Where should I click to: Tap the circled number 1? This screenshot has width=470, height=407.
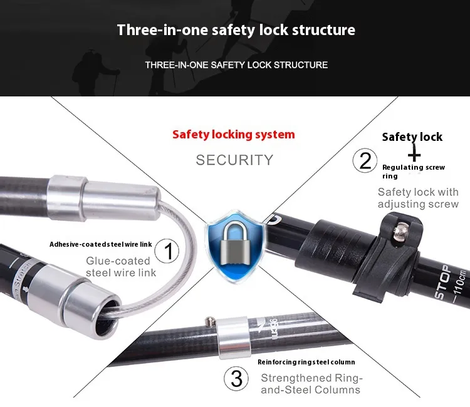pyautogui.click(x=167, y=250)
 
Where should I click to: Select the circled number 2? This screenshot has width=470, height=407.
pyautogui.click(x=365, y=160)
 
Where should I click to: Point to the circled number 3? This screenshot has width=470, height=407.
pyautogui.click(x=236, y=378)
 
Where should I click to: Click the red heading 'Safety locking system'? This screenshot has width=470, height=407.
pyautogui.click(x=234, y=135)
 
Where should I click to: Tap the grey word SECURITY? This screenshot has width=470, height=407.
pyautogui.click(x=234, y=160)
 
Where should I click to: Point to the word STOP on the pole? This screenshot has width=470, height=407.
pyautogui.click(x=442, y=282)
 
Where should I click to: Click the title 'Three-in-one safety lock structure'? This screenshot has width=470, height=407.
pyautogui.click(x=236, y=30)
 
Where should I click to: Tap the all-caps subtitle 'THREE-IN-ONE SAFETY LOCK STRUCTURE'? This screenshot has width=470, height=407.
pyautogui.click(x=236, y=65)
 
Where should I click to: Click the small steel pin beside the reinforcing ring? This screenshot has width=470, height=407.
pyautogui.click(x=209, y=322)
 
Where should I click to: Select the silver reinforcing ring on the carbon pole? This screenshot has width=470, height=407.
pyautogui.click(x=234, y=337)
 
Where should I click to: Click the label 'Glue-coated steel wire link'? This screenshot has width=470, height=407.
pyautogui.click(x=121, y=267)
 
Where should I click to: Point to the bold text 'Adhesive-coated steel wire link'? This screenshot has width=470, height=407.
pyautogui.click(x=101, y=244)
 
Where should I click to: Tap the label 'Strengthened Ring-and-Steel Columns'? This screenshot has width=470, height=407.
pyautogui.click(x=311, y=384)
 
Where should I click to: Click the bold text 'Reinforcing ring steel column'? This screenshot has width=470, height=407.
pyautogui.click(x=306, y=362)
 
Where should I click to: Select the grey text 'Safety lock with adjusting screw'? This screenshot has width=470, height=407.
pyautogui.click(x=418, y=198)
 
